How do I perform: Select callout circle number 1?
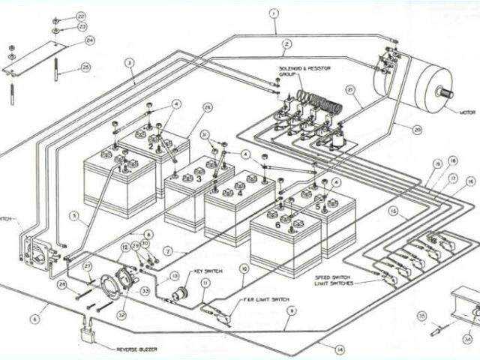click(274, 13)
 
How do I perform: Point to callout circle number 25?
click(85, 68)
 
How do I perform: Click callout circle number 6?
click(34, 319)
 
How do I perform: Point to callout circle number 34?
click(469, 338)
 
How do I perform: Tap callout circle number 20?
click(417, 130)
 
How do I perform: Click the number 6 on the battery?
click(278, 223)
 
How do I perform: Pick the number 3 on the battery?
click(199, 180)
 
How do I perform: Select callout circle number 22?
click(81, 15)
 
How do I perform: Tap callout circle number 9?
click(291, 311)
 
